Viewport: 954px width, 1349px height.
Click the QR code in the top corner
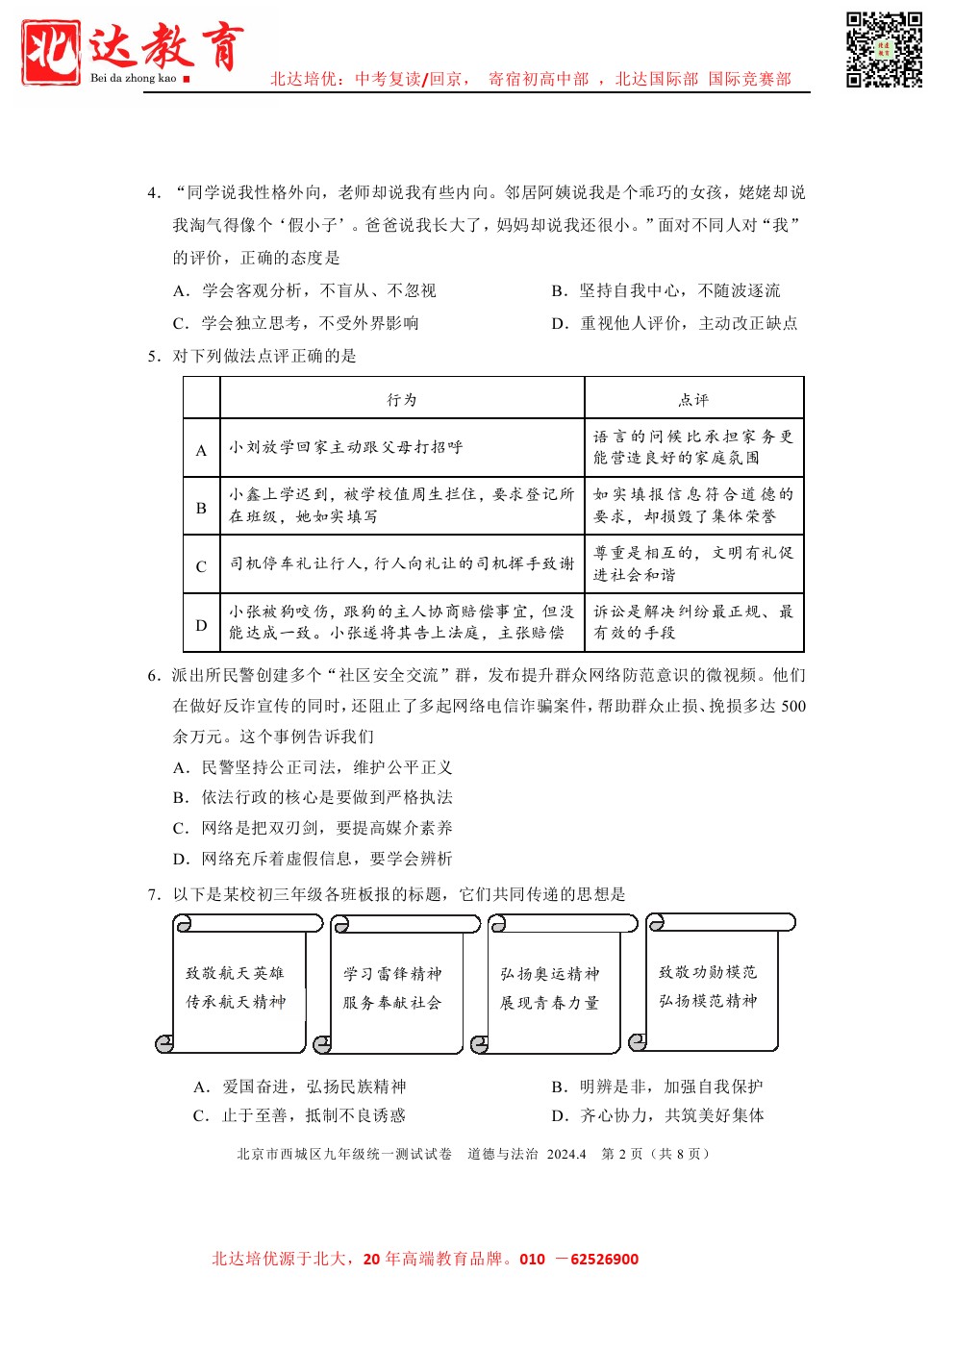[x=884, y=50]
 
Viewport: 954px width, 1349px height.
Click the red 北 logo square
[x=51, y=53]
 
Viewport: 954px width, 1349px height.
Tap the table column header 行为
[x=402, y=399]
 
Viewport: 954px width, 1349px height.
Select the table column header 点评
[x=693, y=399]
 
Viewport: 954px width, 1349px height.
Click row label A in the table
[x=201, y=450]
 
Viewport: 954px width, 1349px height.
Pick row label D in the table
[x=201, y=625]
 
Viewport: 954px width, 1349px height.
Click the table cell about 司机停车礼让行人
[x=402, y=563]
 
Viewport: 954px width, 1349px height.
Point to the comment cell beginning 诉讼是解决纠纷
[x=693, y=622]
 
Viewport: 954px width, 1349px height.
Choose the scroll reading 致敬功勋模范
[x=708, y=987]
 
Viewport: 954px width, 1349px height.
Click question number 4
[x=153, y=193]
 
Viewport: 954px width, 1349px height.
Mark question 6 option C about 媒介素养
[x=313, y=828]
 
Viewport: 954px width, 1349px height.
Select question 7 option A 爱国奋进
[x=300, y=1087]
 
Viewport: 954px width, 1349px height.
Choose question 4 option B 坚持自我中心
[x=665, y=290]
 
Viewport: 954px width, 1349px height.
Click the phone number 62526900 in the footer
[x=604, y=1259]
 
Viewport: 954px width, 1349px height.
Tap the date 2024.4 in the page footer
[x=566, y=1154]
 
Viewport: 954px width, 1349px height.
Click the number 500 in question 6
[x=793, y=706]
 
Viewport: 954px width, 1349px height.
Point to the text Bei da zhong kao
[x=134, y=78]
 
